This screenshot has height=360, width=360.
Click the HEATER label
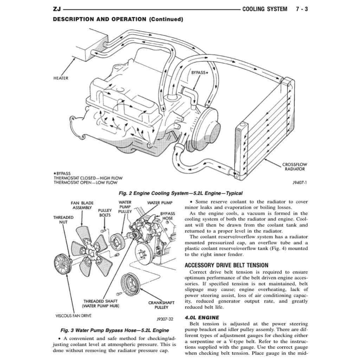tap(61, 78)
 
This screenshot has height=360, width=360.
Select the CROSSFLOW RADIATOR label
tap(295, 167)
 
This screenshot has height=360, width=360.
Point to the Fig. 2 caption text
tap(180, 193)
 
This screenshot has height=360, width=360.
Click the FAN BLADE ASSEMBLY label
tap(82, 205)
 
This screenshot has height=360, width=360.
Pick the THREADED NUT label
tap(63, 220)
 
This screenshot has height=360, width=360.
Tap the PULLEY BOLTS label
tap(104, 213)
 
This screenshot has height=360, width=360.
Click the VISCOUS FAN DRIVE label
tap(73, 316)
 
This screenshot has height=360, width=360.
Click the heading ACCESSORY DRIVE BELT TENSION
tap(226, 265)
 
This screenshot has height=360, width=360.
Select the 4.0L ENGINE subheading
tap(202, 317)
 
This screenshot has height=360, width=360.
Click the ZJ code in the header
tap(57, 9)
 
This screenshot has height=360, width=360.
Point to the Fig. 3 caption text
tap(115, 330)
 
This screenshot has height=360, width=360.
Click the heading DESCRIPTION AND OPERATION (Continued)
tap(118, 19)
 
